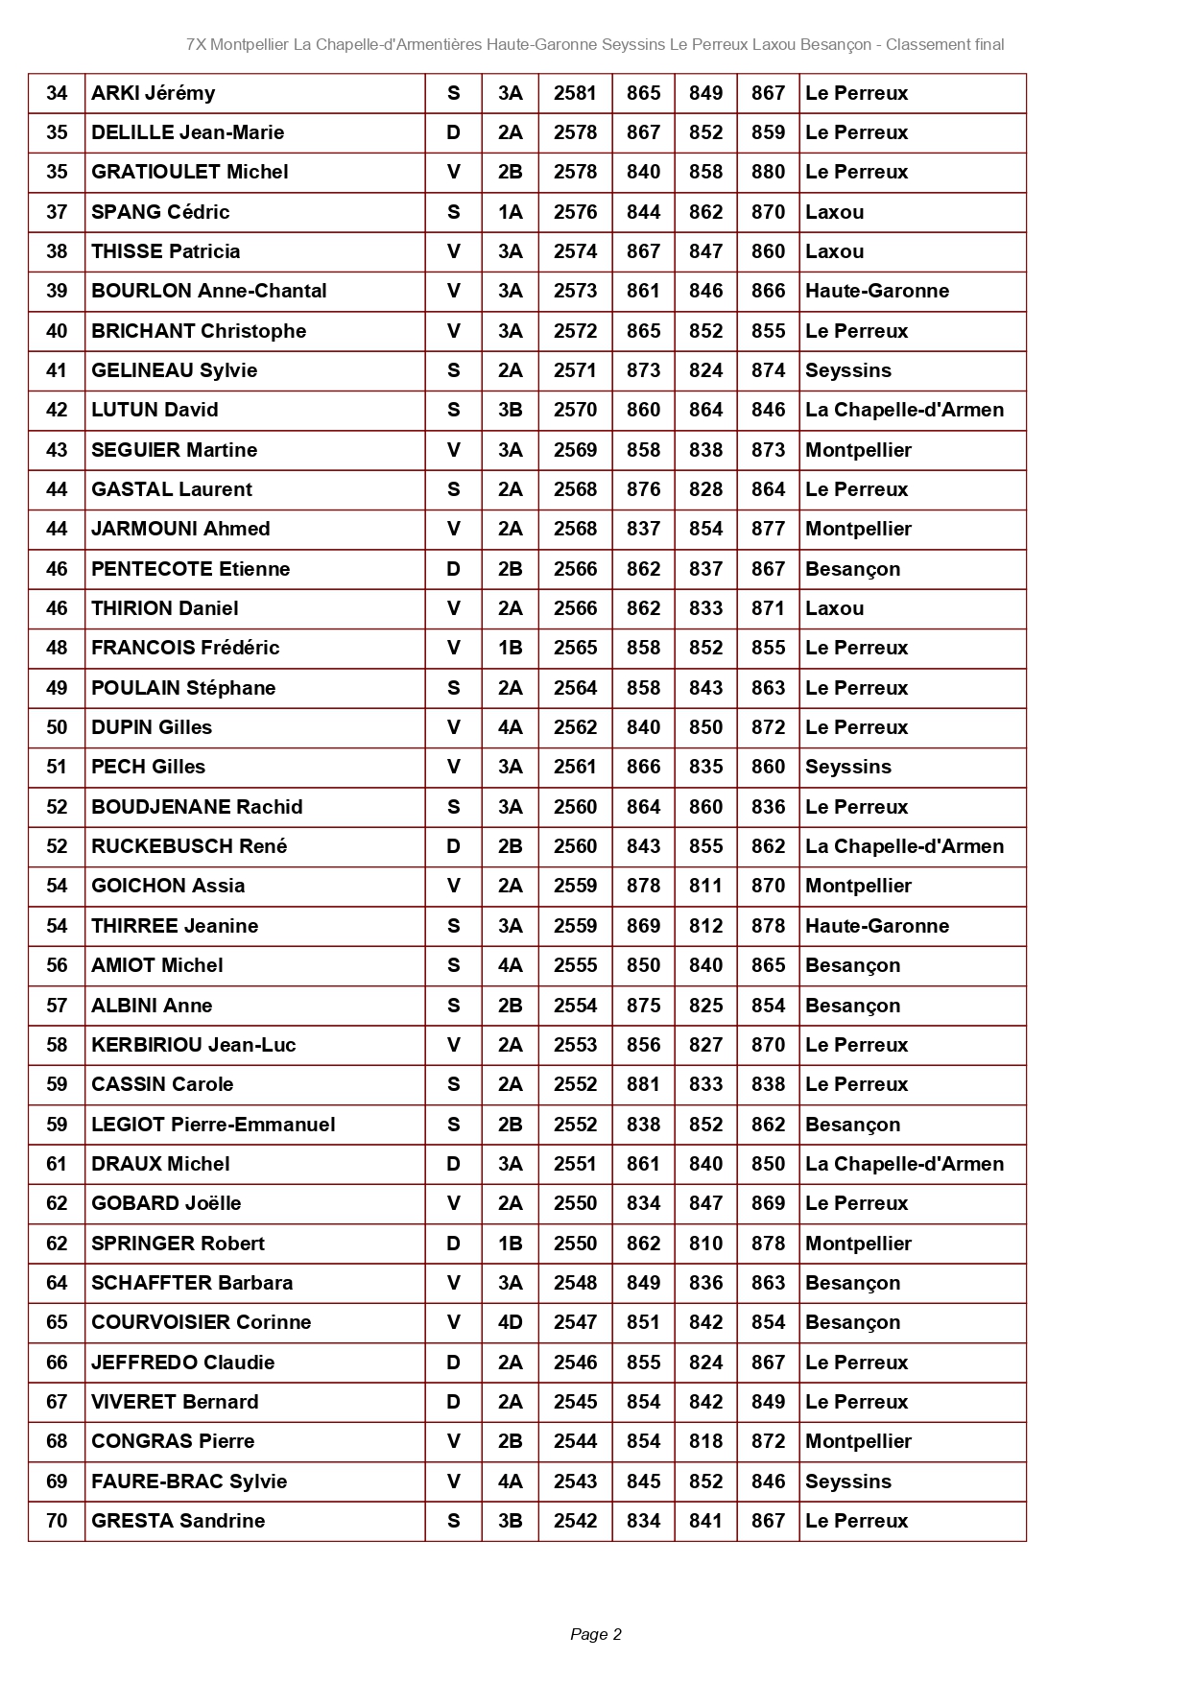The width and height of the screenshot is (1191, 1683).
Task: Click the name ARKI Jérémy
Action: click(153, 93)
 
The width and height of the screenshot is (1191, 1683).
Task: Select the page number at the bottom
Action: click(595, 1634)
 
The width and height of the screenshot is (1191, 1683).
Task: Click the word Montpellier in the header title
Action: click(249, 44)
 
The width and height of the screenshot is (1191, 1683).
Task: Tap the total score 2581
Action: click(575, 93)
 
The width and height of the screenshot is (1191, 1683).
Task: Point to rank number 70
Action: click(57, 1521)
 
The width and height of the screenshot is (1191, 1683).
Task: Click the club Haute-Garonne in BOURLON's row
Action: click(876, 291)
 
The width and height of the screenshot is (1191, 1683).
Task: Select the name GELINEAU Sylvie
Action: click(174, 370)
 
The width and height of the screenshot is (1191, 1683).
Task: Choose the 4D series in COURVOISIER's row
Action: click(510, 1322)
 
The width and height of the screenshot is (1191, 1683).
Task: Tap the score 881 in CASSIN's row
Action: click(643, 1084)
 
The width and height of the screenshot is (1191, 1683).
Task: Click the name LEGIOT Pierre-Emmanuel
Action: click(213, 1125)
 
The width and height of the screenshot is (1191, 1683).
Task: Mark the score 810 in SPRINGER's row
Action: click(705, 1244)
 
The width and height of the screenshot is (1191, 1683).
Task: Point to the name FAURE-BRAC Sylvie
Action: click(189, 1482)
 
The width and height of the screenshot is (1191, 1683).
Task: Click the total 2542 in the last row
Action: click(575, 1521)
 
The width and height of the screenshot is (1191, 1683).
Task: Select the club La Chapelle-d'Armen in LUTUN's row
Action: click(904, 410)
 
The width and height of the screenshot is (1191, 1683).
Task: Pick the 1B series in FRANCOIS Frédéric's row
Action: click(510, 648)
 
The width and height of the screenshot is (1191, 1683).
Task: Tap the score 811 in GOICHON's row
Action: click(705, 886)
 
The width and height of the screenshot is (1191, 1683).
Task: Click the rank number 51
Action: click(57, 767)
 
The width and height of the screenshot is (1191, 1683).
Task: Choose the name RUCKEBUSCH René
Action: click(189, 846)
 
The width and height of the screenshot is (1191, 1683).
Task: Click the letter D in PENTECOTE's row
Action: click(453, 569)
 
